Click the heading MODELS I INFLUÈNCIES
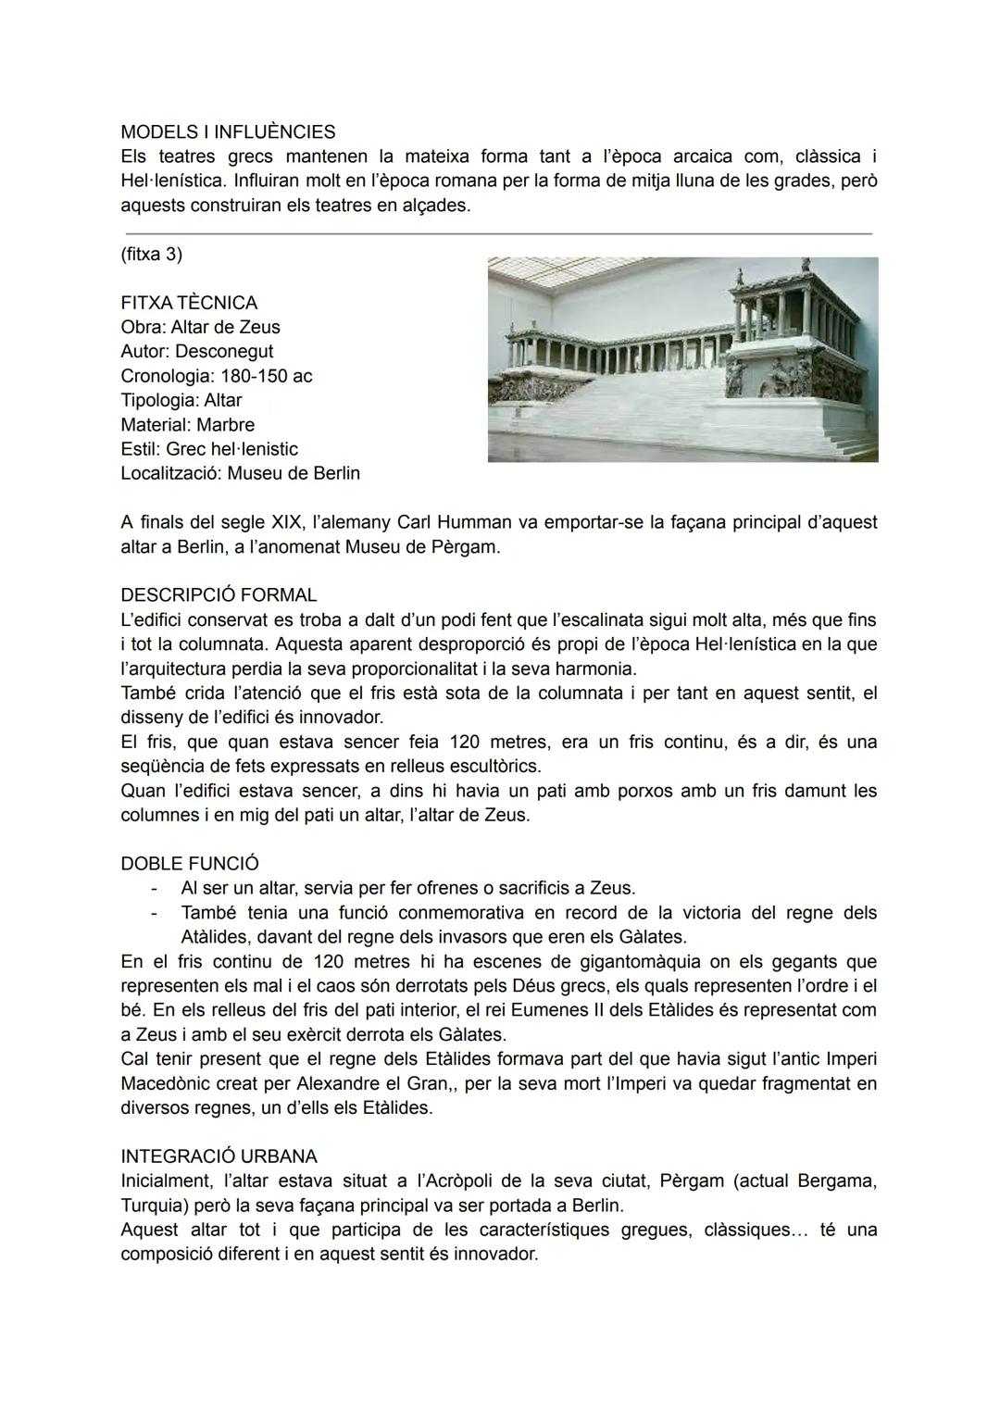(228, 131)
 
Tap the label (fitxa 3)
(151, 254)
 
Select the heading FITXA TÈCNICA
(189, 303)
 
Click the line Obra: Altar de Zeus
(200, 327)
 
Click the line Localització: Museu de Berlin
(240, 473)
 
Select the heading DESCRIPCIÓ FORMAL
(219, 595)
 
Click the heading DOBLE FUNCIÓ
(190, 864)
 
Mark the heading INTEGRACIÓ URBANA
(219, 1156)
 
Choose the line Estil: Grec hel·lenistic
(209, 449)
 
